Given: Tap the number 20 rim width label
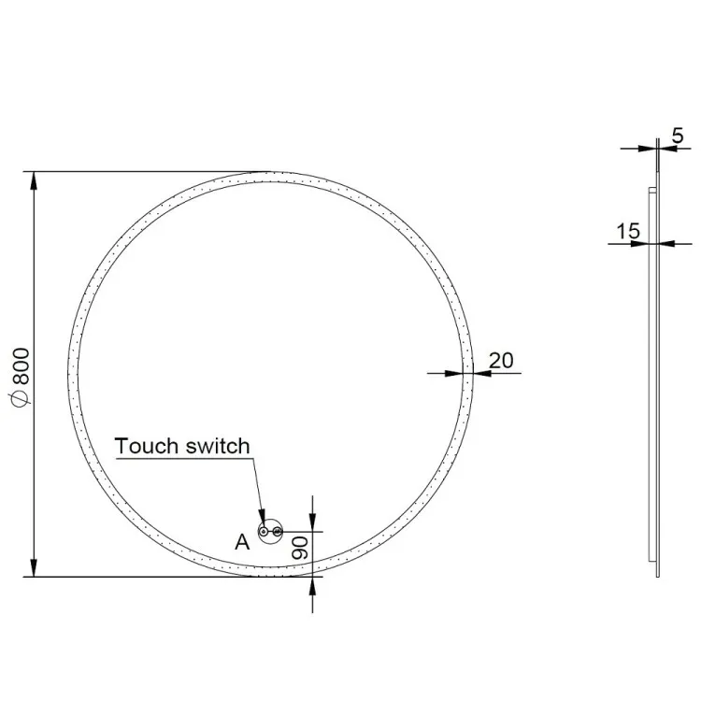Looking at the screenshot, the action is click(x=501, y=361).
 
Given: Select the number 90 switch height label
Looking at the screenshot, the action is click(x=300, y=548).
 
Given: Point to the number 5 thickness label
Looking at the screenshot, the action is click(x=678, y=136).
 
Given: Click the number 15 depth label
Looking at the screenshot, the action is click(x=628, y=232).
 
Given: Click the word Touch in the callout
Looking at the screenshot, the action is click(x=147, y=446).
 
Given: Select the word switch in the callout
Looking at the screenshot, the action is click(x=218, y=446).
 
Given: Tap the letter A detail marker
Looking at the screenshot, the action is click(x=242, y=542).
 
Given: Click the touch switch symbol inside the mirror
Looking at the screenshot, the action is click(x=271, y=532).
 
